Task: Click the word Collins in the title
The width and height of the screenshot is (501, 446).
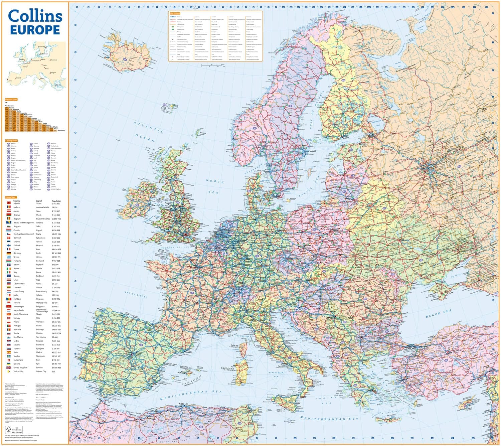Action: point(35,16)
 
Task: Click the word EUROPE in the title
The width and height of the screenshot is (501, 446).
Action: point(35,30)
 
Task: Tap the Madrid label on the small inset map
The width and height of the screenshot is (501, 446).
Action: point(18,78)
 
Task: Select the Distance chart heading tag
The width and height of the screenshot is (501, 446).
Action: point(11,99)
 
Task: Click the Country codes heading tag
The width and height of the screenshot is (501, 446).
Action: point(11,141)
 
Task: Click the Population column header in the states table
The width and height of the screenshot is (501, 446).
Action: point(56,201)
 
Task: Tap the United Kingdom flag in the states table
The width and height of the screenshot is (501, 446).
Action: point(9,367)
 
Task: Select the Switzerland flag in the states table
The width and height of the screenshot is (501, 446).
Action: point(9,360)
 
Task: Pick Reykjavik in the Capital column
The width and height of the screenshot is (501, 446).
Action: point(40,265)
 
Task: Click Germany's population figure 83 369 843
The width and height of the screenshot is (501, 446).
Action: point(56,253)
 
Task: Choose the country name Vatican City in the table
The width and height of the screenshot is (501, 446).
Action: point(18,371)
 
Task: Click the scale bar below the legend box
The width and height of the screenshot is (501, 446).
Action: point(212,65)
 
